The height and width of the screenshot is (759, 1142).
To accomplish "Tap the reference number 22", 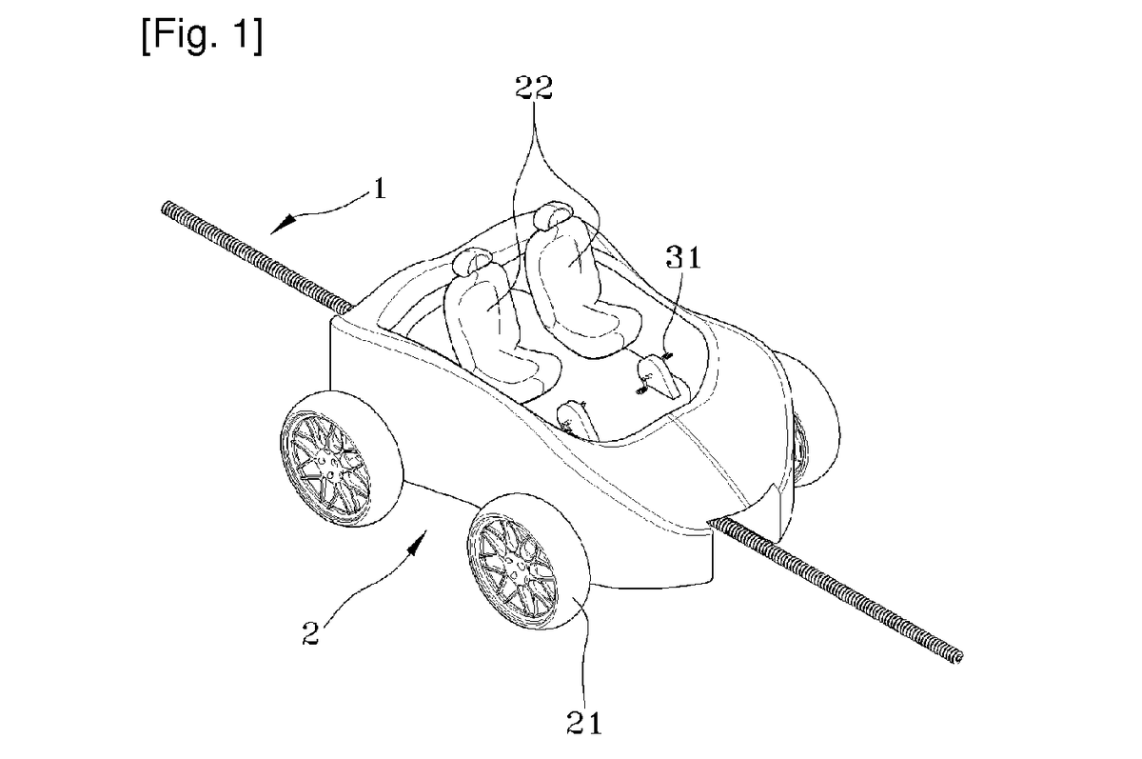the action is click(x=534, y=88).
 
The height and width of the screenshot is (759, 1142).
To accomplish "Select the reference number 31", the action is click(x=683, y=257).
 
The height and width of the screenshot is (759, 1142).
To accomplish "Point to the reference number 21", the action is click(x=584, y=723).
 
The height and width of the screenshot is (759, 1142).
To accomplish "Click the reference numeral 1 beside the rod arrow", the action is click(x=380, y=190).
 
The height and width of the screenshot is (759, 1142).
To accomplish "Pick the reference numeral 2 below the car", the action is click(x=310, y=633).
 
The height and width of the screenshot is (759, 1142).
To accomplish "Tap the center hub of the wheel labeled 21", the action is click(x=520, y=567).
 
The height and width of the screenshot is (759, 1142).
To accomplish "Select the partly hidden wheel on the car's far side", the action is click(x=811, y=418).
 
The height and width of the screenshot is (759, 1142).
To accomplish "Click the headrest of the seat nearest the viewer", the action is click(x=473, y=262).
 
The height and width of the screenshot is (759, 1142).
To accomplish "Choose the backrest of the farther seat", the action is click(x=566, y=270).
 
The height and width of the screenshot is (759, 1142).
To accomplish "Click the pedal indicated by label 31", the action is click(x=660, y=376).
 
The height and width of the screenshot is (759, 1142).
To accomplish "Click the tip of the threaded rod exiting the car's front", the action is click(x=959, y=658).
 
